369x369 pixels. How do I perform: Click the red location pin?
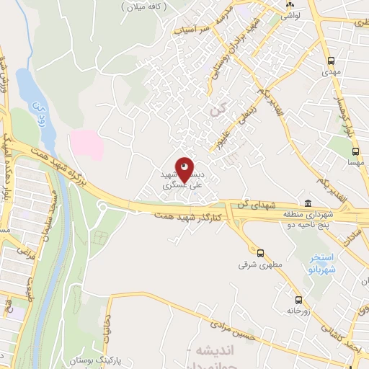184,169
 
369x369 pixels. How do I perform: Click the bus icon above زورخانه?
298,300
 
